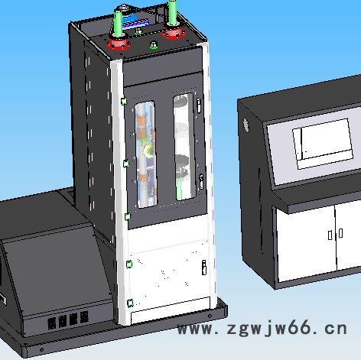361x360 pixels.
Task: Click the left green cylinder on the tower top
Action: click(x=118, y=24)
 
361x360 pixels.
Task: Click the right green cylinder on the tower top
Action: click(x=172, y=12)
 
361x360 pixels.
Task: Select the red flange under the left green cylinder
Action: click(x=119, y=44)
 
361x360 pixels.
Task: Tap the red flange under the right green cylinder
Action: click(x=173, y=32)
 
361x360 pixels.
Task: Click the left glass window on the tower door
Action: click(x=145, y=154)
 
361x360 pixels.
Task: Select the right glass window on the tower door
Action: click(x=184, y=147)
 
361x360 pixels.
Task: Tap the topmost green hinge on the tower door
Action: click(x=124, y=101)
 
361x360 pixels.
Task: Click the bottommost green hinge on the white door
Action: click(x=130, y=303)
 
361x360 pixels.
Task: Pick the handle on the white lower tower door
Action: click(x=204, y=268)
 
